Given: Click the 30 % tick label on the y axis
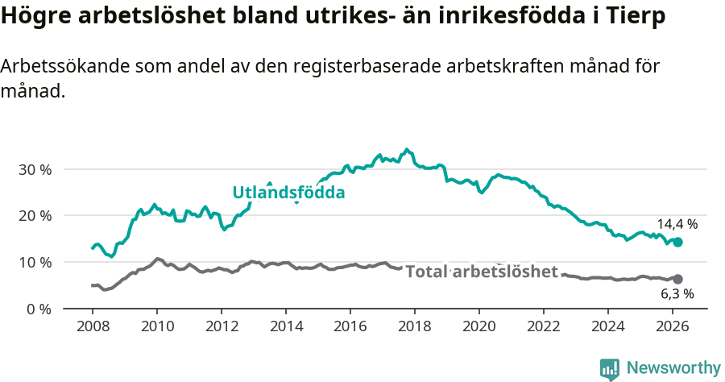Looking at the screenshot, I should pos(34,170).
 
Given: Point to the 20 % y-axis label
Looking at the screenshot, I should pos(34,216).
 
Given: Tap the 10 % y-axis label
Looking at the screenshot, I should pos(34,263).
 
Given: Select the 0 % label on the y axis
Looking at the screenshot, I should pos(37,309).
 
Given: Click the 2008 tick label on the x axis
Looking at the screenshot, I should pos(93,326).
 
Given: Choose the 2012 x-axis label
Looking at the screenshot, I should pos(222,326).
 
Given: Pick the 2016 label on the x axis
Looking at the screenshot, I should pos(350,326).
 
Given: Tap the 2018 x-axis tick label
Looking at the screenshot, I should pos(415,326).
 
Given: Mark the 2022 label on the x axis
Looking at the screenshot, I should pos(544,326).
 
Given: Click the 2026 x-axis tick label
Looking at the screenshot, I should pos(673,326).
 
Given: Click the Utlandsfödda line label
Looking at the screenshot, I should pos(288,193).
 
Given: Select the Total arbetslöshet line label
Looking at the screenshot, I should pos(481,272).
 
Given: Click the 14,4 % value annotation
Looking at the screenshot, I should pos(677,224).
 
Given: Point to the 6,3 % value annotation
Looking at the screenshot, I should pos(678,295).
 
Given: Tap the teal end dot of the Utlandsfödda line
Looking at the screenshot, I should pos(677,242).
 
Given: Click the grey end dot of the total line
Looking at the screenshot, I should pos(677,279).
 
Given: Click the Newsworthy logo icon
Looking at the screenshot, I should pos(610,368).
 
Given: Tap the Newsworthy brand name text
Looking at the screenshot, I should pos(673,368).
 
